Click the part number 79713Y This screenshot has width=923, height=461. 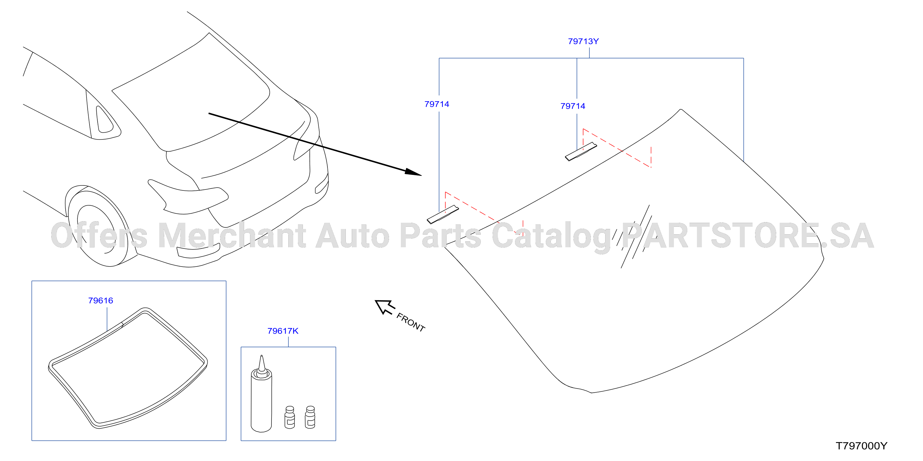pos(583,42)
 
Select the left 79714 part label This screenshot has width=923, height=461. pos(436,104)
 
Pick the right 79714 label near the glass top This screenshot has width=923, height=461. pos(573,106)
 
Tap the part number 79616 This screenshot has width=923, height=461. pos(100,301)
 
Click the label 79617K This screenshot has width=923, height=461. pos(283,331)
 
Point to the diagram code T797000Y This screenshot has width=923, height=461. pos(861,446)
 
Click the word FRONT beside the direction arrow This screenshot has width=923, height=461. pos(410,322)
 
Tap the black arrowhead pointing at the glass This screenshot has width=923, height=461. pos(413,172)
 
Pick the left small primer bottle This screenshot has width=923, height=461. pos(290,417)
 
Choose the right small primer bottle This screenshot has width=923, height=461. pos(310,417)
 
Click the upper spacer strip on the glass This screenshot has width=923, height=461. pos(581,152)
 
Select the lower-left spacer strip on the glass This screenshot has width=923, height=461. pos(443,215)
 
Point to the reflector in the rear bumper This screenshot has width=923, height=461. pos(198,251)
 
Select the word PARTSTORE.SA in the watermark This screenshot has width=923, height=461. pos(748,235)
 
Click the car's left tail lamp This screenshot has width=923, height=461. pos(188,197)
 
